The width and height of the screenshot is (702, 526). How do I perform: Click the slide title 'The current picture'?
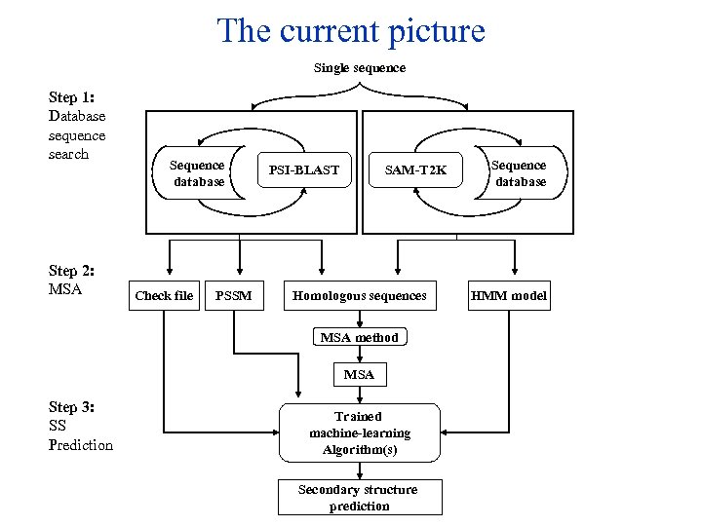(351, 31)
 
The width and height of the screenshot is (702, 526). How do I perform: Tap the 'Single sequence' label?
(359, 68)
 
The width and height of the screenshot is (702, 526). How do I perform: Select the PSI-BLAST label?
(304, 170)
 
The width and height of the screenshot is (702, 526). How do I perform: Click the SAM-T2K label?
(415, 170)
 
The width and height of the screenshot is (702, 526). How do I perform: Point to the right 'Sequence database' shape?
(520, 172)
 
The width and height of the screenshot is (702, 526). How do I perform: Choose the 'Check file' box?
(164, 295)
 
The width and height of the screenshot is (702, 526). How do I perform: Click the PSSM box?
(233, 295)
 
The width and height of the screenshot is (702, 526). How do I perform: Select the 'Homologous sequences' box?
(360, 295)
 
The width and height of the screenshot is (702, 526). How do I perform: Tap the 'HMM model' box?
(509, 295)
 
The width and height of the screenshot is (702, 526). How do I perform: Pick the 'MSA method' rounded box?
(360, 337)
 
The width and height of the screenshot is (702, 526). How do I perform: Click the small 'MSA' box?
(359, 374)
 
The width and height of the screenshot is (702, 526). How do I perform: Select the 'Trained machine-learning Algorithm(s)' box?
(359, 432)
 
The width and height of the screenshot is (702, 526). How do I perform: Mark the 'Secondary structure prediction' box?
(359, 498)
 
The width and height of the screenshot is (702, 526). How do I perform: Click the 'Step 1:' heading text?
(71, 97)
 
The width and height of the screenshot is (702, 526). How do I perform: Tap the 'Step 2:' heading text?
(71, 271)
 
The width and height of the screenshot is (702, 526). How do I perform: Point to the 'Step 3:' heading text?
(71, 407)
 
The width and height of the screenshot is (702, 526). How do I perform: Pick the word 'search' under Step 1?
(68, 154)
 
